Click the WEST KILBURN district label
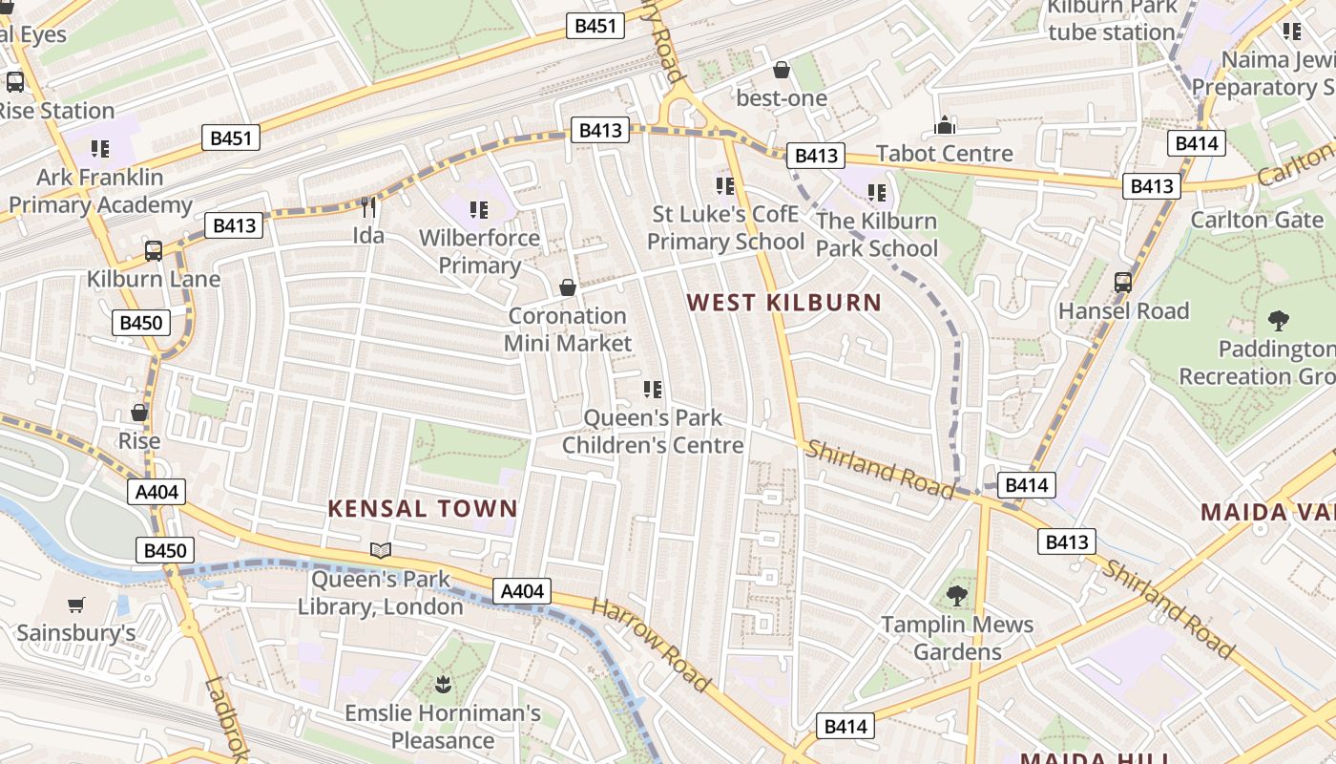point(783,303)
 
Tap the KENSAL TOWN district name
point(422,508)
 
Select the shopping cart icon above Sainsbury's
point(76,605)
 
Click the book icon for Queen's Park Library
point(381,550)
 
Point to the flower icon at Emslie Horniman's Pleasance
point(443,684)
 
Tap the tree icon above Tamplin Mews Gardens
point(956,596)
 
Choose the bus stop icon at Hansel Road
point(1123,283)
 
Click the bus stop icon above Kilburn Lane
point(154,251)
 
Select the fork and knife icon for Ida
point(368,207)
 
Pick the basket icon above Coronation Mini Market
point(568,287)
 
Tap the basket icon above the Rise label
point(139,413)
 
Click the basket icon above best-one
point(782,70)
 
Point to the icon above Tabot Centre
point(945,125)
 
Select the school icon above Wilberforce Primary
point(479,209)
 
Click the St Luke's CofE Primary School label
point(725,227)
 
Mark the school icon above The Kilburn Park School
point(877,193)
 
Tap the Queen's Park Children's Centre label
point(653,432)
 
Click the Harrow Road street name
point(652,646)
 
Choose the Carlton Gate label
point(1257,220)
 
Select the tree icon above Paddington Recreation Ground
point(1278,321)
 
